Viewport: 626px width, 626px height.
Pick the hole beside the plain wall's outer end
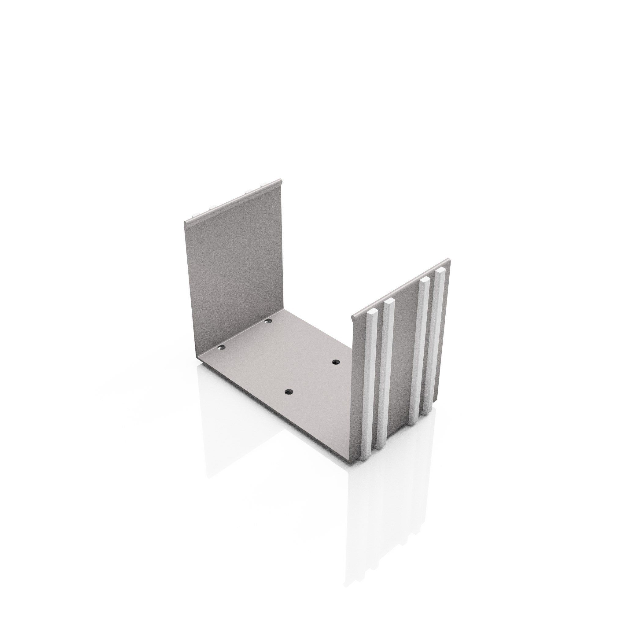pyautogui.click(x=221, y=348)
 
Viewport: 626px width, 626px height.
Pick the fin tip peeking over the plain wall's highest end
pyautogui.click(x=264, y=185)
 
